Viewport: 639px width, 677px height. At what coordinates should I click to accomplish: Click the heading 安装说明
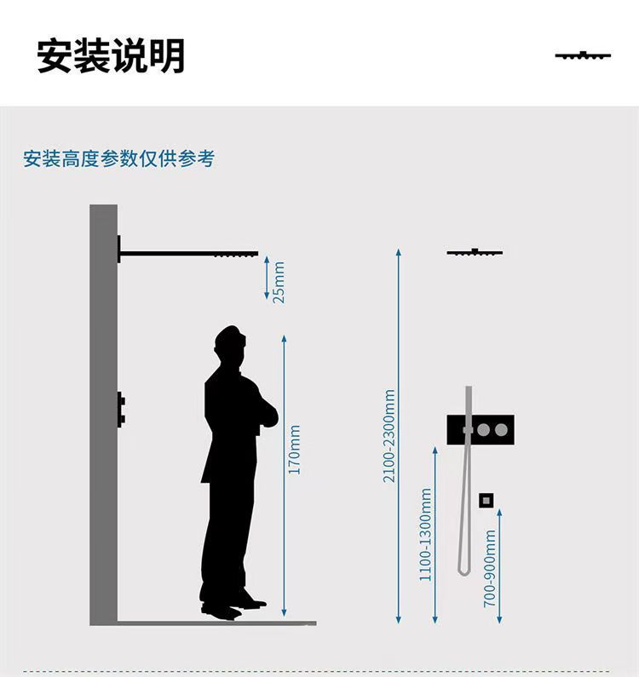pos(111,56)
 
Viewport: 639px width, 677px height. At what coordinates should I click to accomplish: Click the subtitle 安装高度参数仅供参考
pos(118,158)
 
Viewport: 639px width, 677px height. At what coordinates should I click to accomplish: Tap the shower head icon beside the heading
pos(583,56)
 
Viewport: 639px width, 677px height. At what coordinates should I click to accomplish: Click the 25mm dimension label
pos(279,282)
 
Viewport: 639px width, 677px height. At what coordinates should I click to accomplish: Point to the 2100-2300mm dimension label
pos(389,436)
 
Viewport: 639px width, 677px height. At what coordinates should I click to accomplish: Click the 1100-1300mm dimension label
pos(426,535)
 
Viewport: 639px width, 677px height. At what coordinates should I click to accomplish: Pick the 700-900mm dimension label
pos(490,568)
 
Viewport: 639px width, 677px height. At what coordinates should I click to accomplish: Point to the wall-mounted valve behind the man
pos(121,410)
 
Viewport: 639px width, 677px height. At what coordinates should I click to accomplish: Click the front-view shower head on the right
pos(475,252)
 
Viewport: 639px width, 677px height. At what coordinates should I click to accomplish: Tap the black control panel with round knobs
pos(480,430)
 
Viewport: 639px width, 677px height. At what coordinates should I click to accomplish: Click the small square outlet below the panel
pos(486,500)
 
